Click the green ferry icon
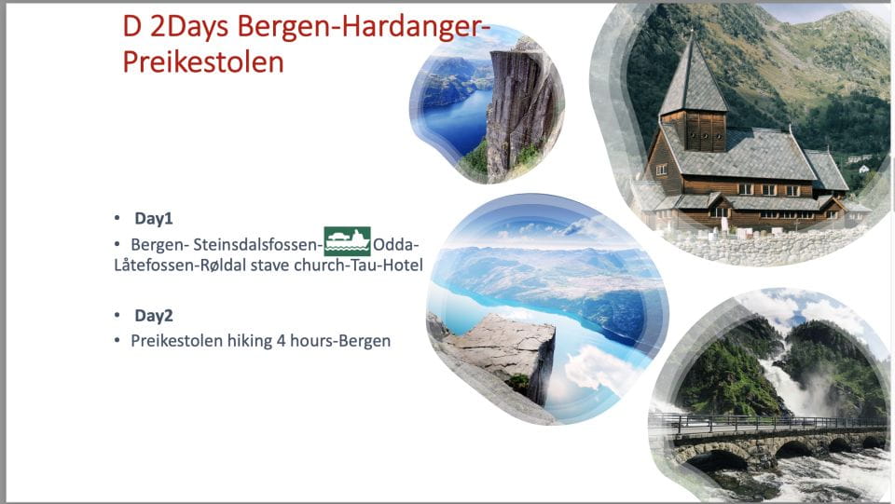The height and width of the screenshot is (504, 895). point(347,241)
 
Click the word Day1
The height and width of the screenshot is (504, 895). point(154,218)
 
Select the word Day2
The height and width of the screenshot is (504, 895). point(154,315)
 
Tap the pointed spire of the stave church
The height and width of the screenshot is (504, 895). point(691,56)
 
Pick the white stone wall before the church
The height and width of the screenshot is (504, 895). point(764,244)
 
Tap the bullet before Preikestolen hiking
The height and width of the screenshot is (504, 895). point(117,341)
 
